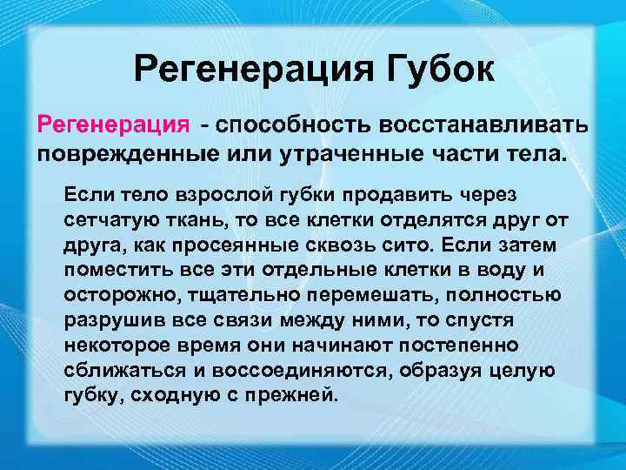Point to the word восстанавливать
click(489, 124)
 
